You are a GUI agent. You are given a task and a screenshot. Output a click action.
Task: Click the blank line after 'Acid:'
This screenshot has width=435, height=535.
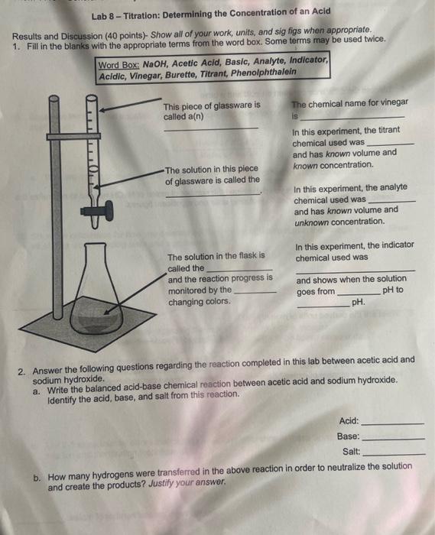[x=392, y=423]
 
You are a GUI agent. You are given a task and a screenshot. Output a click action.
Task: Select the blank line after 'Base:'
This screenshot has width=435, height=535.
[x=392, y=439]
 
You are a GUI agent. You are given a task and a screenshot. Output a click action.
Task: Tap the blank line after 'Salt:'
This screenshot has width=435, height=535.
[x=392, y=454]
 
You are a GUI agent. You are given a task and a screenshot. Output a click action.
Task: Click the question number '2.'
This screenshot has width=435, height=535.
[x=24, y=371]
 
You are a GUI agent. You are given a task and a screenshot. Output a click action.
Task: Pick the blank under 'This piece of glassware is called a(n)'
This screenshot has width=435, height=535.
[x=211, y=128]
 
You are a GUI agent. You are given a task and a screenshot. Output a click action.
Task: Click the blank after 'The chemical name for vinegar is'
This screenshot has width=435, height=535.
[x=353, y=118]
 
